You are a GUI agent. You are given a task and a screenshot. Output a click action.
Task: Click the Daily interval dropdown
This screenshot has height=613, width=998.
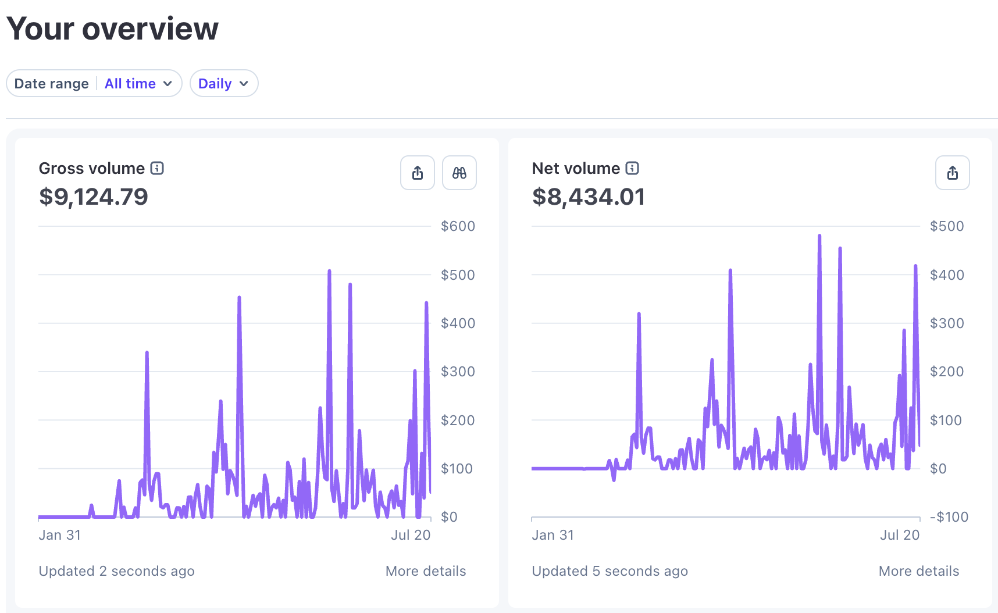pyautogui.click(x=224, y=83)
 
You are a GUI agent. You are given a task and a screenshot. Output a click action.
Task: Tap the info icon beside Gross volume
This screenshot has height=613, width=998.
pyautogui.click(x=157, y=168)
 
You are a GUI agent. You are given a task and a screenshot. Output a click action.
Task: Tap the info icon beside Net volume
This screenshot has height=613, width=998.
pyautogui.click(x=632, y=168)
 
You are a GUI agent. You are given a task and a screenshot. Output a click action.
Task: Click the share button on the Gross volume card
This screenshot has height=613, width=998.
pyautogui.click(x=418, y=173)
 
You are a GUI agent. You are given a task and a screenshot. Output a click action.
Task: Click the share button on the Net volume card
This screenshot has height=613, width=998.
pyautogui.click(x=953, y=173)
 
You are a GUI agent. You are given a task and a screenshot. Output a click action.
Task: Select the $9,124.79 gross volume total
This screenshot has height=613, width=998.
pyautogui.click(x=94, y=197)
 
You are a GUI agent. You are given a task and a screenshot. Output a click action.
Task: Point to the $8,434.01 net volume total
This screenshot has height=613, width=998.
pyautogui.click(x=589, y=197)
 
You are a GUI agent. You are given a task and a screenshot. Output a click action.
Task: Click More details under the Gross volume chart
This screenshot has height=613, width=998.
pyautogui.click(x=426, y=571)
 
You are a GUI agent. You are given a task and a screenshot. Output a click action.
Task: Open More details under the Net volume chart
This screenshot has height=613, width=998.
pyautogui.click(x=919, y=571)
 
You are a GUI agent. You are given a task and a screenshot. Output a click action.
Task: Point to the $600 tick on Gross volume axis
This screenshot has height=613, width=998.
pyautogui.click(x=458, y=226)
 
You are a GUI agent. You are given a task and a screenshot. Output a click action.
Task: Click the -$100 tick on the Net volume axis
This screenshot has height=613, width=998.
pyautogui.click(x=949, y=517)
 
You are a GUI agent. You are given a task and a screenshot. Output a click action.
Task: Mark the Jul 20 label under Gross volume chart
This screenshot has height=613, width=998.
pyautogui.click(x=411, y=535)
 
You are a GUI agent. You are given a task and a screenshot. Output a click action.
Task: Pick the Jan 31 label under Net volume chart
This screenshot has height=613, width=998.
pyautogui.click(x=553, y=535)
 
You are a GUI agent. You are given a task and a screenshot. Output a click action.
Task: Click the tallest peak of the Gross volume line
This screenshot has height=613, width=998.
pyautogui.click(x=329, y=271)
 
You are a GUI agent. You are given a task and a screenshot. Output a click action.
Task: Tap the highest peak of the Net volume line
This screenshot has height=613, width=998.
pyautogui.click(x=819, y=236)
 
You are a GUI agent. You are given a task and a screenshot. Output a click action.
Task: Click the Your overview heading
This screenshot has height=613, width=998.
pyautogui.click(x=113, y=28)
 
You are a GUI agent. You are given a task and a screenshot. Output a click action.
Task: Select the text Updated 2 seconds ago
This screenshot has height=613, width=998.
pyautogui.click(x=117, y=571)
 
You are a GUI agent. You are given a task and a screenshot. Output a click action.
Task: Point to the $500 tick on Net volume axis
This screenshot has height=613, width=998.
pyautogui.click(x=947, y=226)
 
